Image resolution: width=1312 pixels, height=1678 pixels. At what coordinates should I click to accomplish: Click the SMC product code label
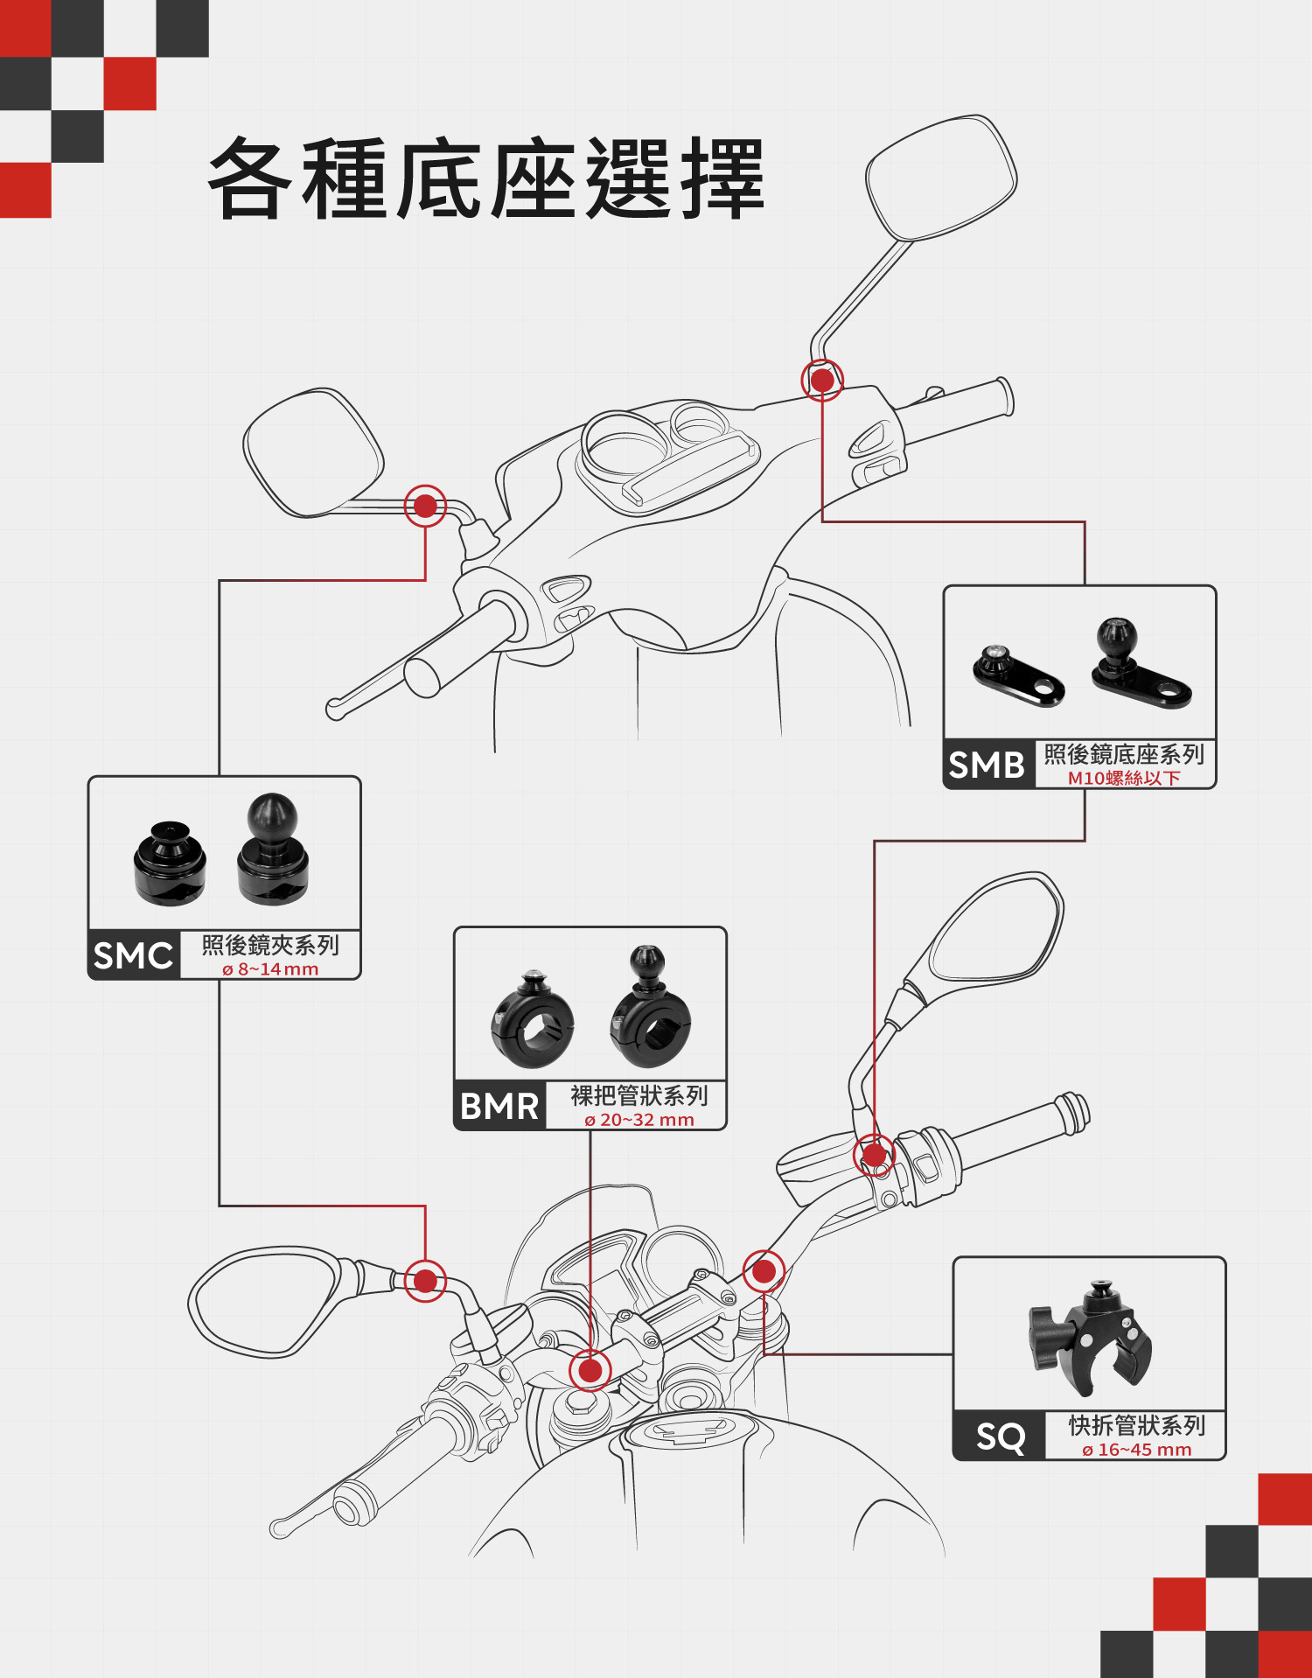(133, 955)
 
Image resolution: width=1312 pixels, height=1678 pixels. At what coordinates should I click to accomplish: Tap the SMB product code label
(987, 765)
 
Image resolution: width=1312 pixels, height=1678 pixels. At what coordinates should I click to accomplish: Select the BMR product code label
(499, 1107)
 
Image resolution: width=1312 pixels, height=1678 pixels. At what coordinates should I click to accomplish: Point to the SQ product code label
(1000, 1437)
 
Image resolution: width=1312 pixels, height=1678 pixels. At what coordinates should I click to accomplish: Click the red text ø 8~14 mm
(270, 969)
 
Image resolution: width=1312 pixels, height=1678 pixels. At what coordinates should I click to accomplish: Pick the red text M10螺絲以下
(1124, 778)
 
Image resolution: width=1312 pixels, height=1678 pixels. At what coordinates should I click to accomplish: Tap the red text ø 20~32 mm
(639, 1120)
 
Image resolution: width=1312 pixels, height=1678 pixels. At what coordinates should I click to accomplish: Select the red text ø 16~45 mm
(1136, 1450)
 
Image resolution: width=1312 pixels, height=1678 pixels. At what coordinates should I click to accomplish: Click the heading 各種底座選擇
(486, 179)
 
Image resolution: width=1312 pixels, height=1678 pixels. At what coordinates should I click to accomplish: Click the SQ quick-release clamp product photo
(1091, 1338)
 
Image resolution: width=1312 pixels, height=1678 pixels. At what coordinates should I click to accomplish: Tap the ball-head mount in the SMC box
(272, 849)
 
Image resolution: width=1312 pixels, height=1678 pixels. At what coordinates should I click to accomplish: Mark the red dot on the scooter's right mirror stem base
(822, 381)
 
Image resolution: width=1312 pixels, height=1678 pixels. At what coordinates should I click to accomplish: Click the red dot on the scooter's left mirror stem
(425, 506)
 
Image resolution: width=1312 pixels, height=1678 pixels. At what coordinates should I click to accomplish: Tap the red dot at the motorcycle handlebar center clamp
(590, 1370)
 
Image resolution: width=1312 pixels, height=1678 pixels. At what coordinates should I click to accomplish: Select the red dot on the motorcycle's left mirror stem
(425, 1281)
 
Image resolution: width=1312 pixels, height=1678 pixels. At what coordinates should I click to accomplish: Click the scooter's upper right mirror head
(941, 178)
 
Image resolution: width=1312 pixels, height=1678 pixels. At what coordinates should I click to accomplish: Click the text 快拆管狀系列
(1136, 1426)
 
